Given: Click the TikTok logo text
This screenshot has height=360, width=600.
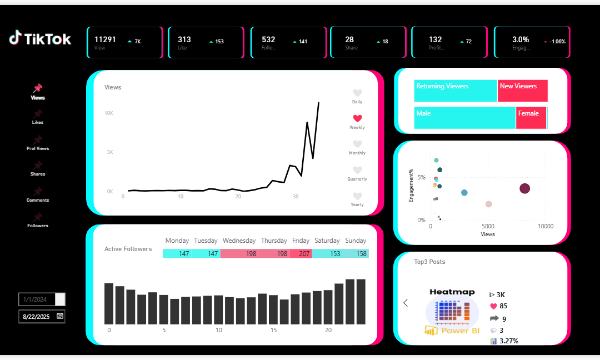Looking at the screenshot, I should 47,38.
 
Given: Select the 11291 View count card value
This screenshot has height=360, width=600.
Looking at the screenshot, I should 105,39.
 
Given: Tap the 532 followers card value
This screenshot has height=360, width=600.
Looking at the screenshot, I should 268,39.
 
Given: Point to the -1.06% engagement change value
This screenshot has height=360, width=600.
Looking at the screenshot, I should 557,42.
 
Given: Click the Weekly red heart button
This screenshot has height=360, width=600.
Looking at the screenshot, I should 357,118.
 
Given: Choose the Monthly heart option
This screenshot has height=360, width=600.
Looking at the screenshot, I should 357,144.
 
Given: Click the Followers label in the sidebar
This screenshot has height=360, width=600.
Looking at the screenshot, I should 38,226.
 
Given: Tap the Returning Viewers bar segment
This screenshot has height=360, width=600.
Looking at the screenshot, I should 456,91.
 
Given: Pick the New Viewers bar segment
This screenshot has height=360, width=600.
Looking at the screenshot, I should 522,91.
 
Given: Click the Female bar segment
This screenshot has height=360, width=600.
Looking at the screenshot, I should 531,118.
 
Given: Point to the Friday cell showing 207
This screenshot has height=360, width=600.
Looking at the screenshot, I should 301,253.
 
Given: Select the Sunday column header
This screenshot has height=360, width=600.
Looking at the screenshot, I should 356,241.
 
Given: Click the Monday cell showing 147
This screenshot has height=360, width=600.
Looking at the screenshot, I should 177,253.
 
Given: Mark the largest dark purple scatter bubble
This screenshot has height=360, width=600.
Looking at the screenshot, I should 524,188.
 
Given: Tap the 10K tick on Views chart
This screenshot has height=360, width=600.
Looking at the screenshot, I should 109,113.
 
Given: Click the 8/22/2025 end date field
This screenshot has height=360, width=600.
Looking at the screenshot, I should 37,316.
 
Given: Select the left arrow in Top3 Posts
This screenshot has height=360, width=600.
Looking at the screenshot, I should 406,303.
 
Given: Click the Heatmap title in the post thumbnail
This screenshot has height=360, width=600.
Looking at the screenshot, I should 452,292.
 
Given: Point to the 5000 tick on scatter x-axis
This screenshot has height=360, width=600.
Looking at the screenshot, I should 488,227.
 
